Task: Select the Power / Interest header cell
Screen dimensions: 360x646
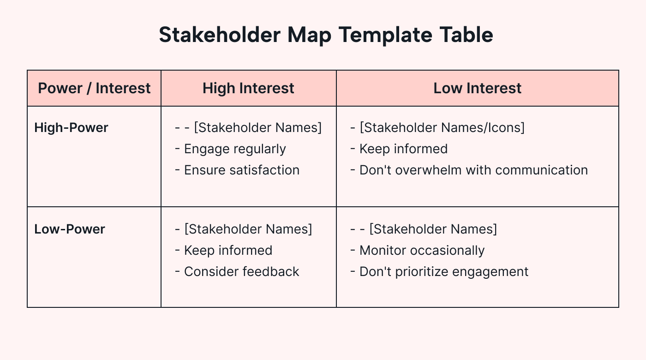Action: coord(94,88)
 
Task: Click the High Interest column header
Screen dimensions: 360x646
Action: coord(248,88)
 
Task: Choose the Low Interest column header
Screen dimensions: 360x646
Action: coord(477,88)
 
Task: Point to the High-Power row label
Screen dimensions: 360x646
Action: coord(71,127)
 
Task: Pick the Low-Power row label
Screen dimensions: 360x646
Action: coord(70,229)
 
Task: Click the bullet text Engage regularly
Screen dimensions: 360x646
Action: coord(235,149)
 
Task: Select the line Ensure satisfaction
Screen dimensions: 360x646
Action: coord(241,170)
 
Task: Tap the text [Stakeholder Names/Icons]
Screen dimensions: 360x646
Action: coord(442,127)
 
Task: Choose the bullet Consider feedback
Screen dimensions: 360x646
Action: coord(241,271)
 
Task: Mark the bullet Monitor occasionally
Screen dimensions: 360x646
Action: coord(422,250)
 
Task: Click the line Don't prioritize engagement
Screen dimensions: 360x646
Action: coord(443,271)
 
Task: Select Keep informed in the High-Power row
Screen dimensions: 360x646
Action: coord(403,149)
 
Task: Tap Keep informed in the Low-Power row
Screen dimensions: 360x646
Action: coord(228,250)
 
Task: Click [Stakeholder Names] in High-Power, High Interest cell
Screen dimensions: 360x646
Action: coord(257,127)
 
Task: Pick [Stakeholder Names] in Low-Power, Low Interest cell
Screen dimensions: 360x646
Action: coord(433,229)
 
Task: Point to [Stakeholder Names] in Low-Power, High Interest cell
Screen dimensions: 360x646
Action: coord(248,229)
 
